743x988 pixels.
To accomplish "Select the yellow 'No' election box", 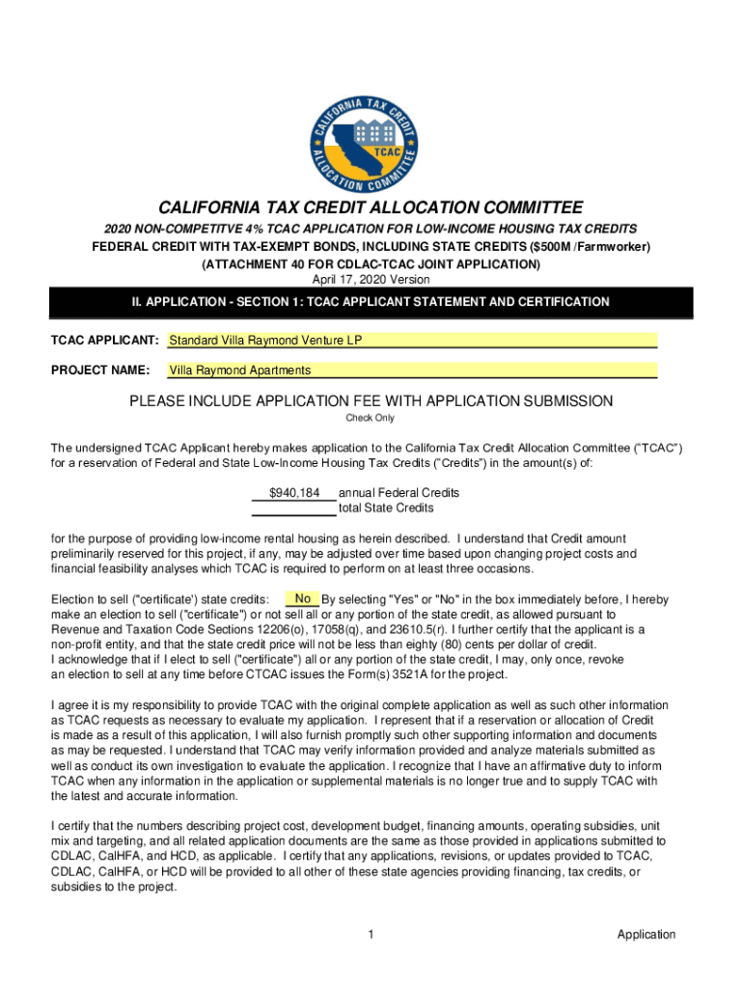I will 302,598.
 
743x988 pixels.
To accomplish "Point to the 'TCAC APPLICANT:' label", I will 104,341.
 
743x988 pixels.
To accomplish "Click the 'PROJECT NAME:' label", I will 99,370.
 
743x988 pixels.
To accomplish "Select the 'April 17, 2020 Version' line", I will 371,280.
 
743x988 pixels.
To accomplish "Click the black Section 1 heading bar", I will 371,302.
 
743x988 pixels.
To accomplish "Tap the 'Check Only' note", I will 371,418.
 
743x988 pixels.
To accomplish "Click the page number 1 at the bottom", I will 371,934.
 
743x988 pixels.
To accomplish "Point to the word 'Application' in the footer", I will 647,934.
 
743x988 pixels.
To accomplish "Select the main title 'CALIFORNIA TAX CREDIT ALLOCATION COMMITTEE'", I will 371,208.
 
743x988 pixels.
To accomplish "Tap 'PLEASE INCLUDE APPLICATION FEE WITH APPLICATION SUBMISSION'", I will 371,401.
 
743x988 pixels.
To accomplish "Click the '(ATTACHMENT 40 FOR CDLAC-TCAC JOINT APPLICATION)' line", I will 371,263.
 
